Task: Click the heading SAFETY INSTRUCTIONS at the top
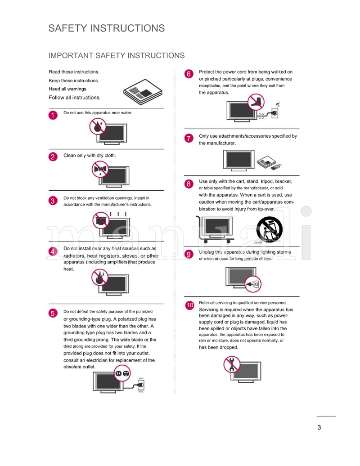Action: pos(106,28)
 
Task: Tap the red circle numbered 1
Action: pos(53,115)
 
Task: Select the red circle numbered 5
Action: pos(53,313)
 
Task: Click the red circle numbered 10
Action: pos(190,305)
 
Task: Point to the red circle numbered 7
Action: pos(189,138)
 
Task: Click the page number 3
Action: pos(319,427)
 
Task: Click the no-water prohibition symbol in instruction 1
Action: pos(97,126)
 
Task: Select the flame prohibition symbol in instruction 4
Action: pos(99,278)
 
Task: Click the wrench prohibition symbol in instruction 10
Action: pos(232,363)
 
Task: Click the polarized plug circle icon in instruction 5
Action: pos(122,373)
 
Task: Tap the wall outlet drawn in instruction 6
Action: pos(275,112)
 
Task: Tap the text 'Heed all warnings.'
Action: pos(68,89)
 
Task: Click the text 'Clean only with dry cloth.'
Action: pos(90,156)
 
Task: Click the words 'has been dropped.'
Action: pos(218,347)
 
